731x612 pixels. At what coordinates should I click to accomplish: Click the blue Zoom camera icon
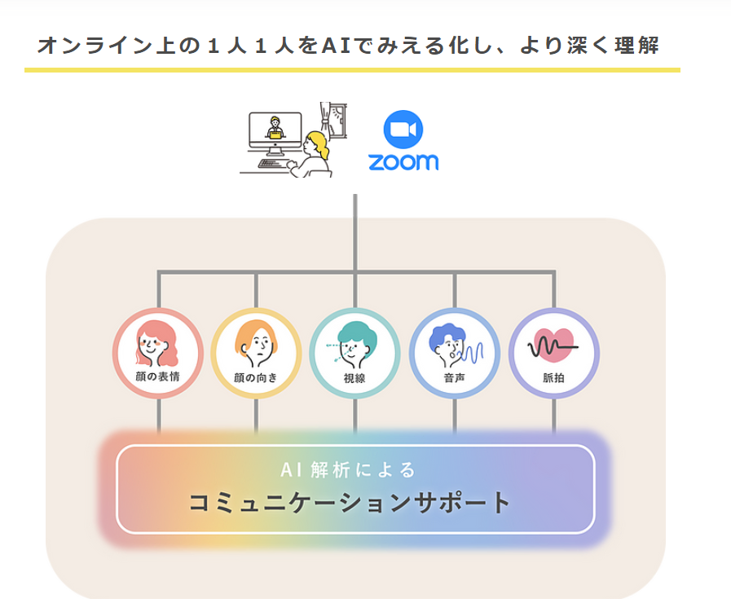(403, 131)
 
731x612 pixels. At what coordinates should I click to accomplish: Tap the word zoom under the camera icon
(403, 161)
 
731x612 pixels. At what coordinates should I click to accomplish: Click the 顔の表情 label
(158, 377)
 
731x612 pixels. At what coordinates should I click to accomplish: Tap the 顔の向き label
(256, 377)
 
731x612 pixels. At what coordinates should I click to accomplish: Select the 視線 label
(354, 377)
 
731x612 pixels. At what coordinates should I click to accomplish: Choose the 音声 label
(455, 377)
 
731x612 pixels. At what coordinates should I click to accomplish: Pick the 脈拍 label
(554, 377)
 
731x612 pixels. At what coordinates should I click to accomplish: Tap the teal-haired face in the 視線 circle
(355, 345)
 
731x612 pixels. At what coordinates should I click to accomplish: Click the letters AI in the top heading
(335, 45)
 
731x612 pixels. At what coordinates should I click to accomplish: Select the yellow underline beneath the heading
(352, 70)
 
